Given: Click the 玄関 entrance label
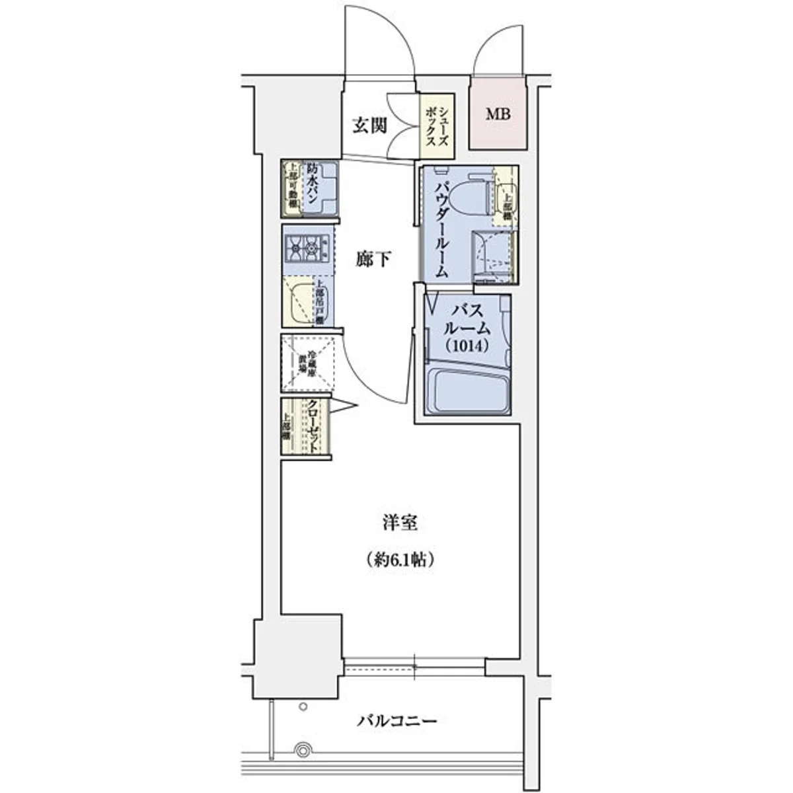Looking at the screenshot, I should tap(369, 126).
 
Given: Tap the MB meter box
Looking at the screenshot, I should tap(499, 114).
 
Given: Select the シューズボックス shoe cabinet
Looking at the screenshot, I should tap(437, 126).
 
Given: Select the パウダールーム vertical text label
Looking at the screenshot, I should tap(441, 228).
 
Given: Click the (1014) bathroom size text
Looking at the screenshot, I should tap(467, 345).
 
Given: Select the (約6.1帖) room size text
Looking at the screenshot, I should tap(400, 560).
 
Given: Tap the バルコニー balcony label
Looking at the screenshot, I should tap(397, 720).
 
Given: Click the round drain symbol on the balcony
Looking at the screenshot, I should tap(303, 750).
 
